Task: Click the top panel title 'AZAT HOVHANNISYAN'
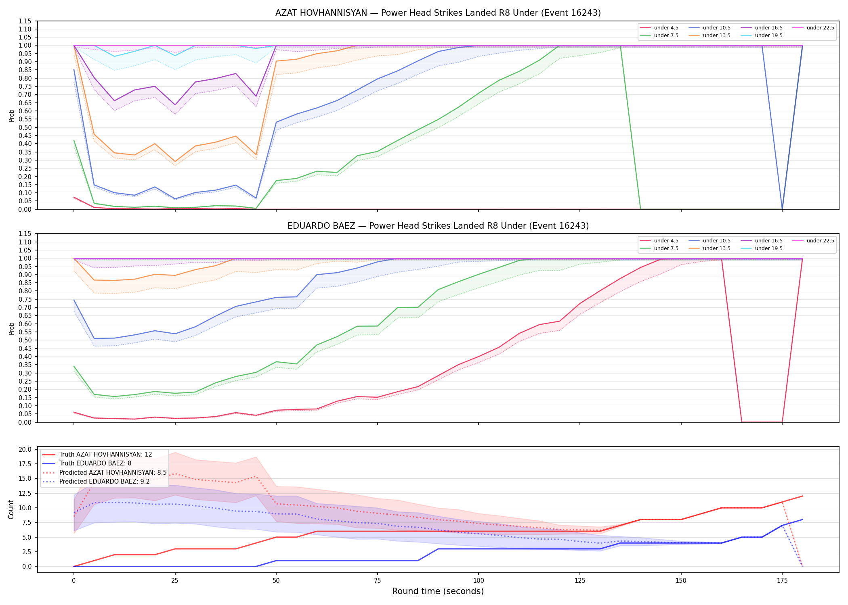321,13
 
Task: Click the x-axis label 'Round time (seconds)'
438,591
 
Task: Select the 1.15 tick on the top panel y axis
25,21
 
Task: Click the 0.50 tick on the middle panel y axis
25,340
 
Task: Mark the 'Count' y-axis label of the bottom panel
11,509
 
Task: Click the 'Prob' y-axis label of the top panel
11,115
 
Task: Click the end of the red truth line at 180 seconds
802,496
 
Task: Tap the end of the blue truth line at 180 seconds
802,519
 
